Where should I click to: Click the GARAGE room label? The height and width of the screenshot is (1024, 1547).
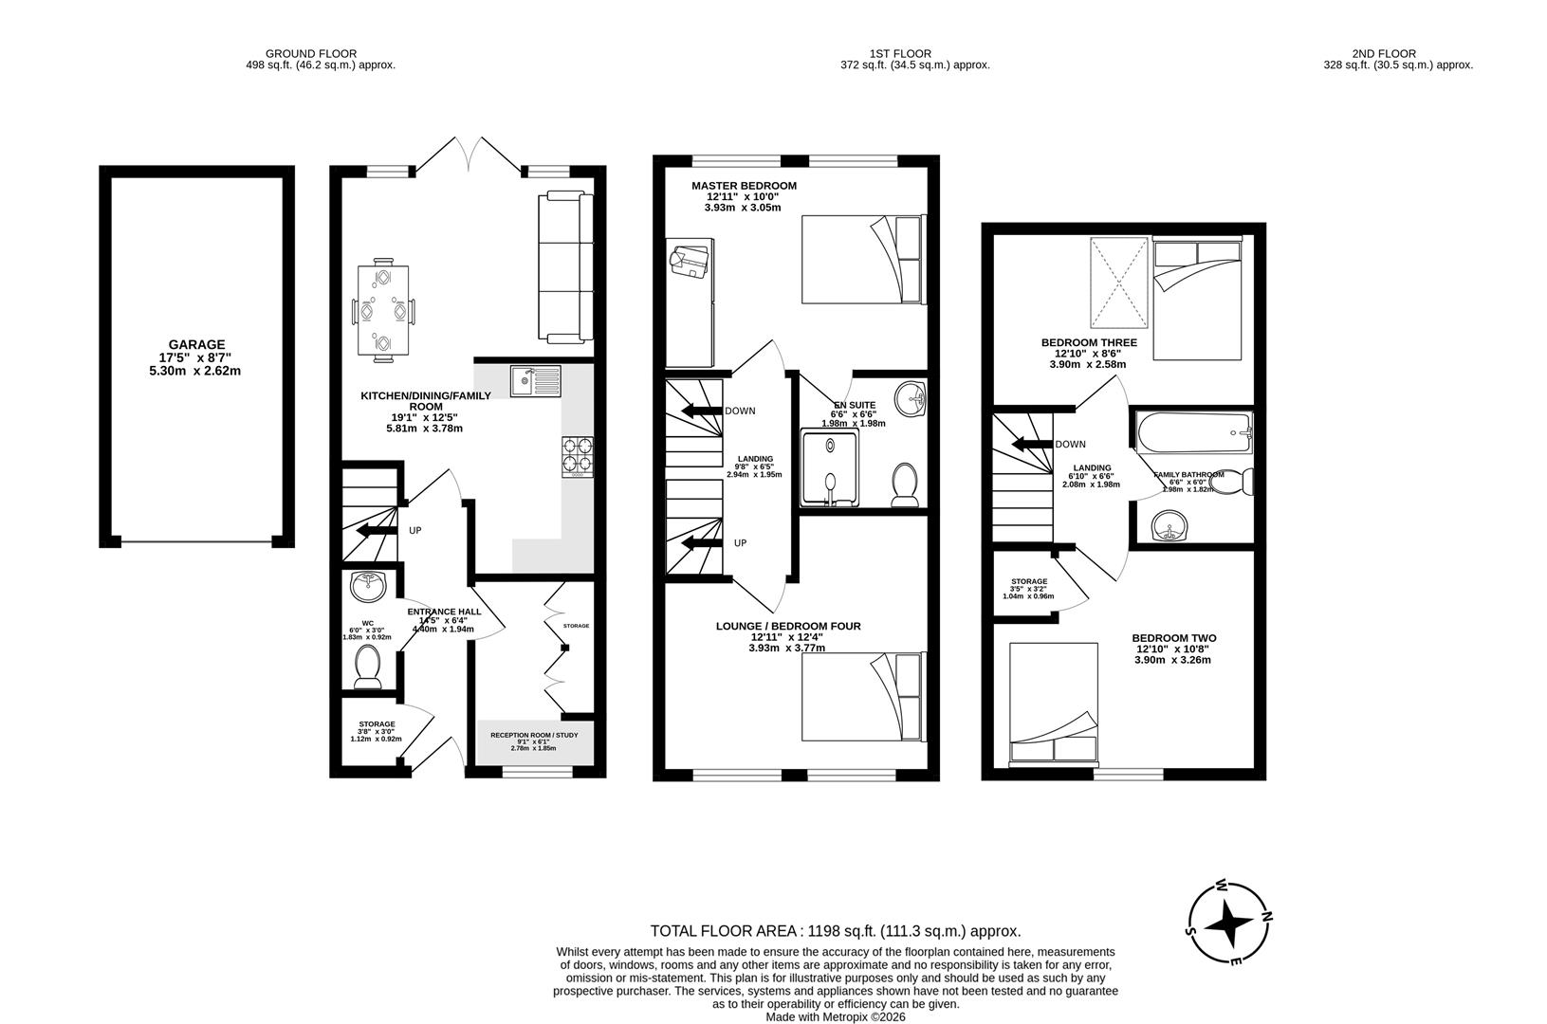(x=196, y=345)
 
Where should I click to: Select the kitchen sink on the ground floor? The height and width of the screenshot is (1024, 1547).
(x=535, y=381)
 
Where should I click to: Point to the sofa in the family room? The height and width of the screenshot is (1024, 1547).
(x=564, y=267)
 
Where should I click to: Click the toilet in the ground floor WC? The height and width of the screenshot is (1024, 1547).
(x=366, y=667)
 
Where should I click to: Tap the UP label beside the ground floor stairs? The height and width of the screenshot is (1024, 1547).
(x=414, y=531)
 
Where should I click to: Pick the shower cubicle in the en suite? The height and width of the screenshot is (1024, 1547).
(x=830, y=469)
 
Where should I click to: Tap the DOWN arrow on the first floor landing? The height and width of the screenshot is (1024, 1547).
(x=699, y=411)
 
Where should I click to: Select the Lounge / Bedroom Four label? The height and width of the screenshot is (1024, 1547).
(x=787, y=626)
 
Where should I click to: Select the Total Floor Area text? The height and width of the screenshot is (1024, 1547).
(x=835, y=931)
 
